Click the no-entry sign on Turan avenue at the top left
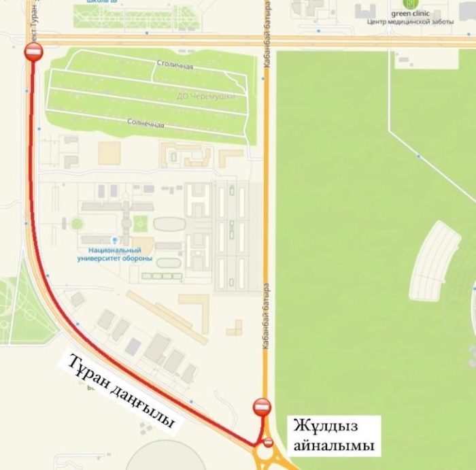33,52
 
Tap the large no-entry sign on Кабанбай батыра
262,407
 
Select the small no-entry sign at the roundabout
268,443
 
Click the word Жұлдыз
325,426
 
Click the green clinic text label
411,13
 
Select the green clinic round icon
411,3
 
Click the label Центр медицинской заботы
410,22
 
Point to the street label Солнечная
146,123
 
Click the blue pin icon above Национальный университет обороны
114,240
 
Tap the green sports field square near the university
141,222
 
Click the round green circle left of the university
77,223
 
